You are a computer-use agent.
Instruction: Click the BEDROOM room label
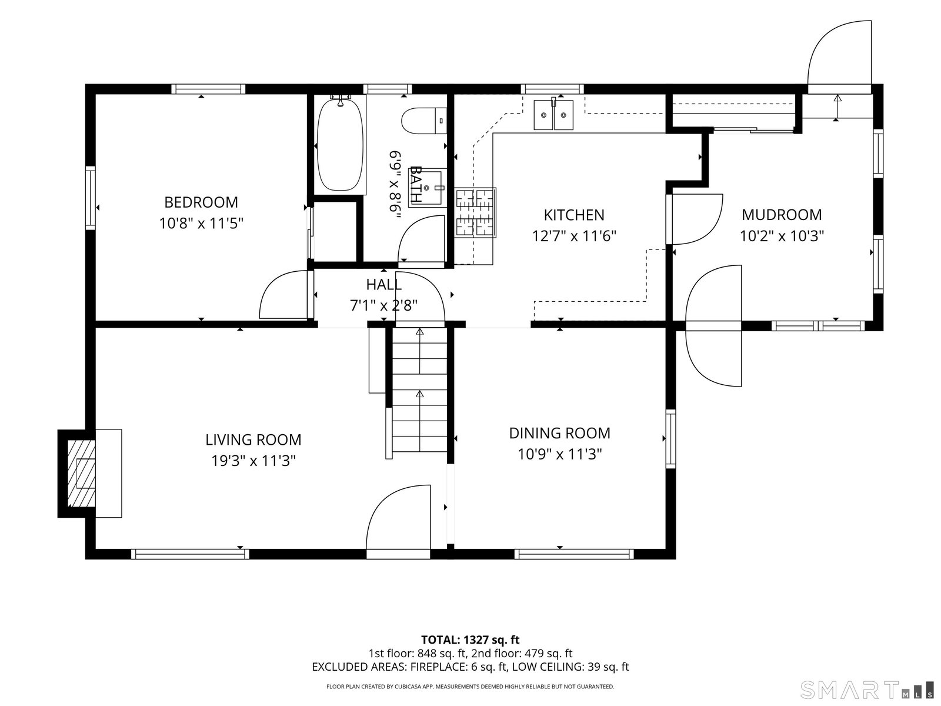point(201,202)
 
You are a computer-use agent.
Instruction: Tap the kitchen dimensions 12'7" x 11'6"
point(574,236)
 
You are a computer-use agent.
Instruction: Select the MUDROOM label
point(782,214)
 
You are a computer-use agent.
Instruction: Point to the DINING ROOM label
point(559,433)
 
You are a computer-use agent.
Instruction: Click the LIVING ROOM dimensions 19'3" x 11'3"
point(253,461)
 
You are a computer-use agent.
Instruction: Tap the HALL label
point(383,284)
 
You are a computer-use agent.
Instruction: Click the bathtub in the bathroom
point(340,145)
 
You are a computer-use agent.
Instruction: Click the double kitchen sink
point(553,115)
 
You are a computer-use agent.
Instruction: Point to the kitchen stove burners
point(475,212)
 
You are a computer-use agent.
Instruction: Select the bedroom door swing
point(283,295)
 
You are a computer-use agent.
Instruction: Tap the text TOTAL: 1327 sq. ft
point(470,640)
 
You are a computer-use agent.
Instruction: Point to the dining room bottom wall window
point(574,554)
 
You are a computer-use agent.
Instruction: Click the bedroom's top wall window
point(208,89)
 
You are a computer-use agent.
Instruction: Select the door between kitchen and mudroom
point(695,219)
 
